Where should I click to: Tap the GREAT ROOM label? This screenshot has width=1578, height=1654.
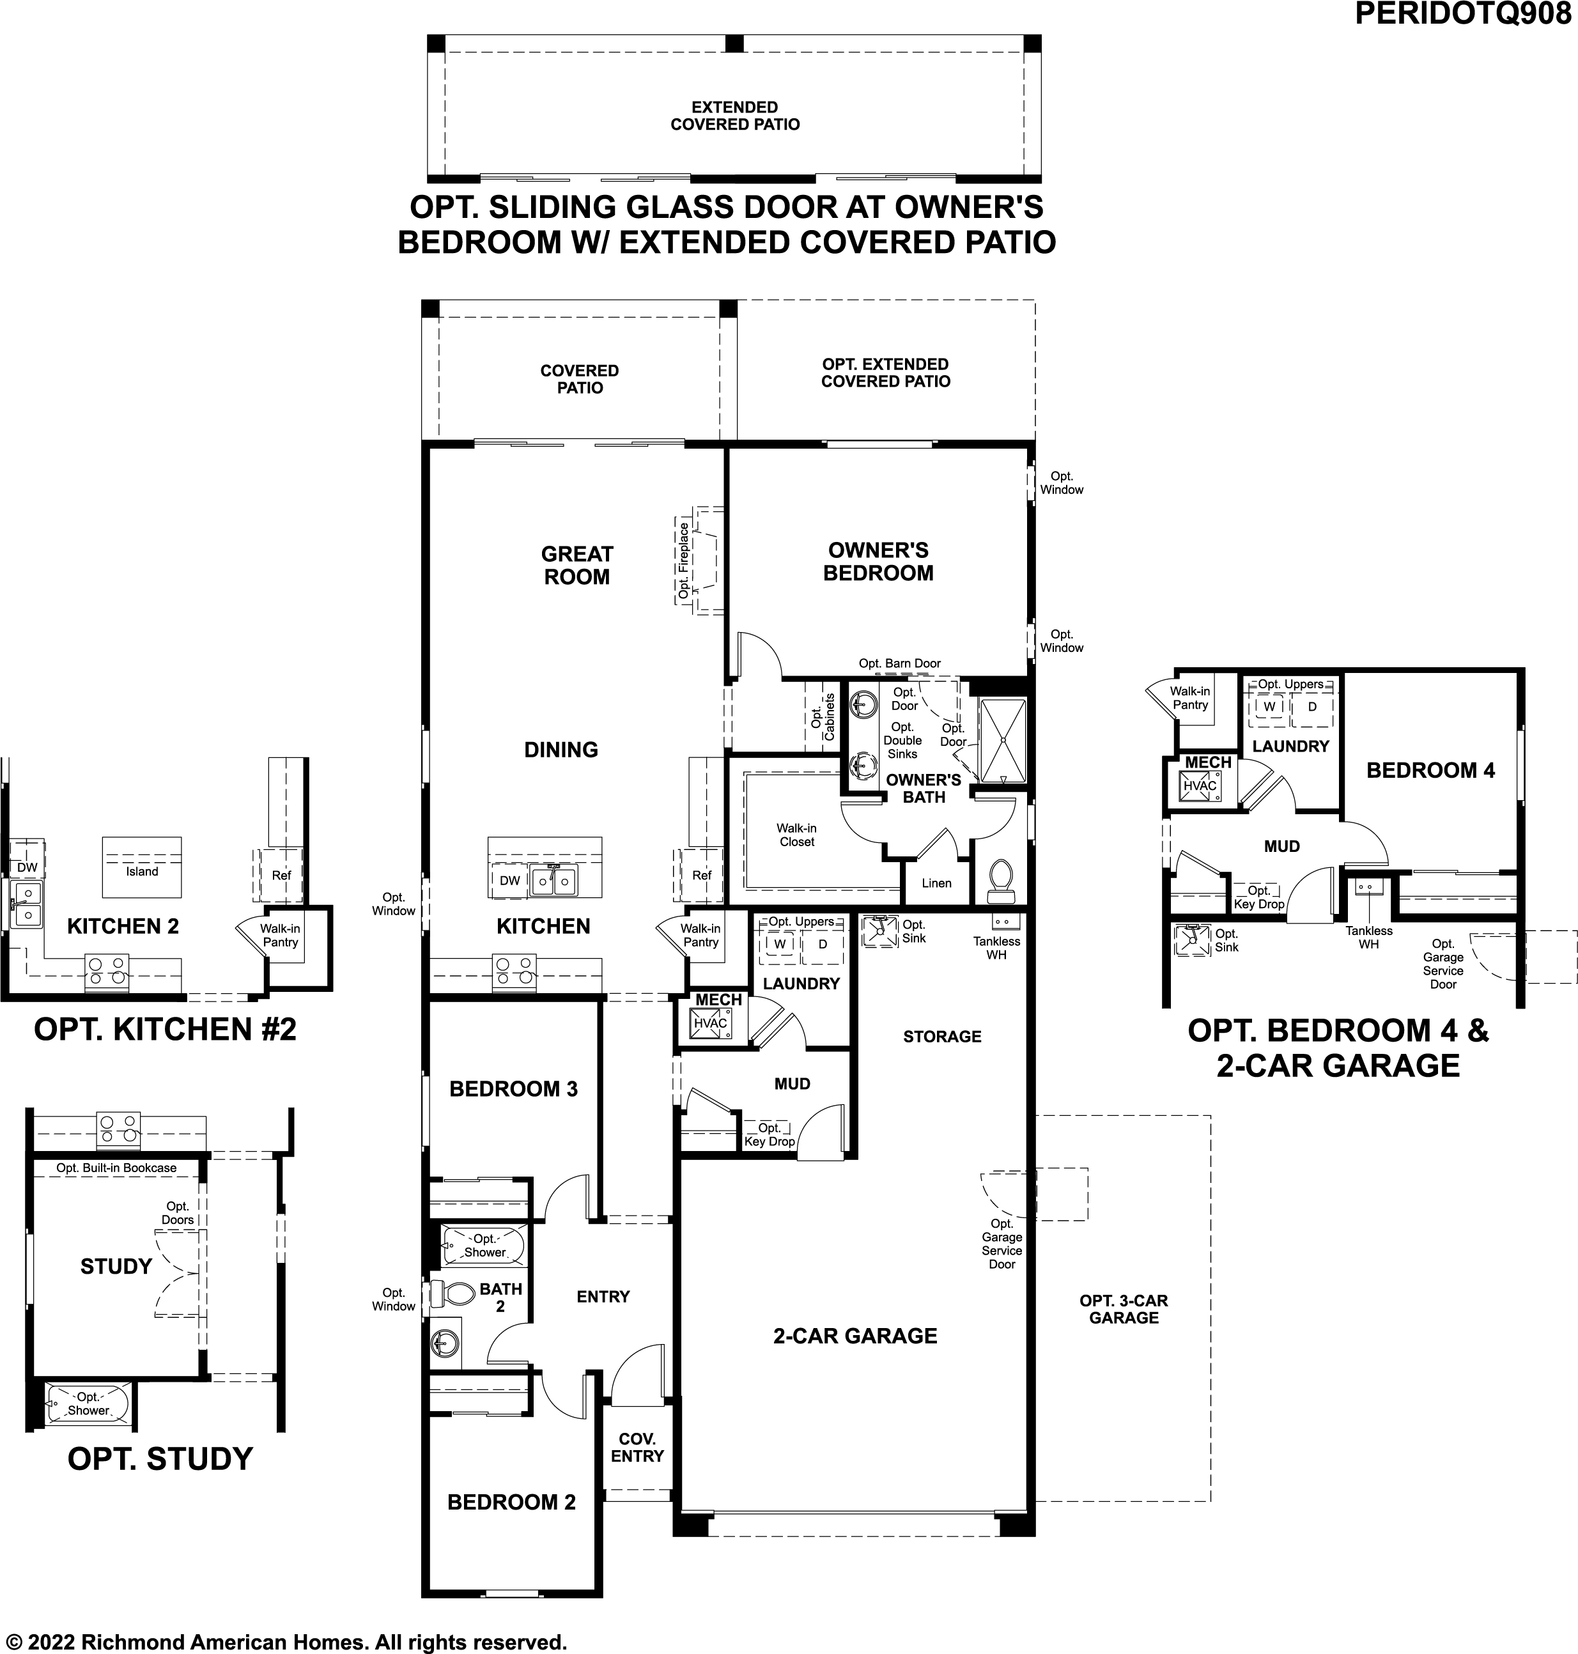577,566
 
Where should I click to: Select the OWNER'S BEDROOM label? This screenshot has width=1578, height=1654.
878,561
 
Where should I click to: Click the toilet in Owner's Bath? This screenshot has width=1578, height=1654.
1001,877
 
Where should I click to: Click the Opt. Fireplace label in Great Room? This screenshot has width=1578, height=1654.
684,560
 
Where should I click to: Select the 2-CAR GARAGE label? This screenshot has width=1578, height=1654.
855,1336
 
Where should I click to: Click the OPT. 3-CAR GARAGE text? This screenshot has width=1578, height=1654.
1124,1309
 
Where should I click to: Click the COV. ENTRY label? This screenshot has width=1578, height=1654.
637,1447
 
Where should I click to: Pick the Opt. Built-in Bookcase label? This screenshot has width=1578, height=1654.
116,1168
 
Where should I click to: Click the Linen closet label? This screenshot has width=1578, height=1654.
936,883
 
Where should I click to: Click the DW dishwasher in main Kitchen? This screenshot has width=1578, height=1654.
510,881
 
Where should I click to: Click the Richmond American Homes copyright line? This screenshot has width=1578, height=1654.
286,1641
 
